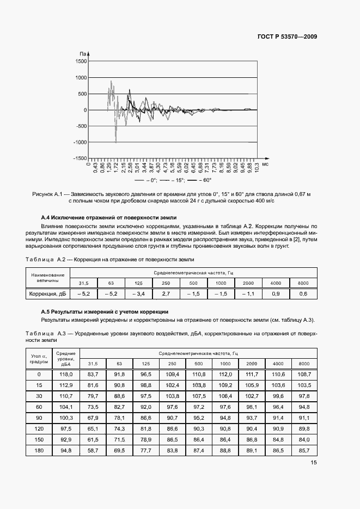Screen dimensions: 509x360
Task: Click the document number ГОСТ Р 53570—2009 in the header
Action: pyautogui.click(x=287, y=36)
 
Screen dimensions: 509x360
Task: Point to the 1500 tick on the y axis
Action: pyautogui.click(x=81, y=62)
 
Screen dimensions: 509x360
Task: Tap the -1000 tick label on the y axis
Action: pyautogui.click(x=80, y=143)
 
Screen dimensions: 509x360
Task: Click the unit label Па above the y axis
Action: pyautogui.click(x=83, y=53)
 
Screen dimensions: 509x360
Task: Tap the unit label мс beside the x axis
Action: pyautogui.click(x=265, y=163)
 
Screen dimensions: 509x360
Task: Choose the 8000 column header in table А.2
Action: pyautogui.click(x=303, y=283)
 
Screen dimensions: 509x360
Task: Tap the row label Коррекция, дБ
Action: pyautogui.click(x=47, y=294)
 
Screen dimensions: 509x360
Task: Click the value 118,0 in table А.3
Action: pyautogui.click(x=66, y=375)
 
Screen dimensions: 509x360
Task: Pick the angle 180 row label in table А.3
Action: pyautogui.click(x=39, y=451)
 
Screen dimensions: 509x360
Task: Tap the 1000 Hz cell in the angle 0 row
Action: pyautogui.click(x=225, y=375)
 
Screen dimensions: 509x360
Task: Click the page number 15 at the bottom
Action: pyautogui.click(x=314, y=463)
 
